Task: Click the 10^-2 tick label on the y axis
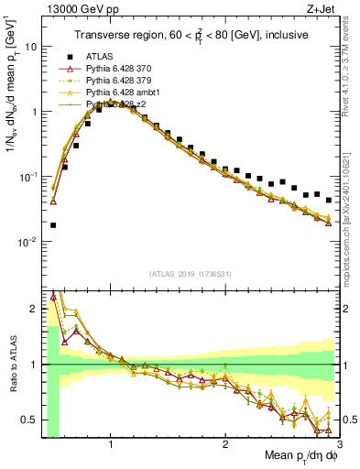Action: point(26,242)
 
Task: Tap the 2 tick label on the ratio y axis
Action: point(32,308)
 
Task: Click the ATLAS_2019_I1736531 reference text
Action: point(191,275)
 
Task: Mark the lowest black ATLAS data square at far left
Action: point(53,224)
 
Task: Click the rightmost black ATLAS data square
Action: point(328,200)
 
